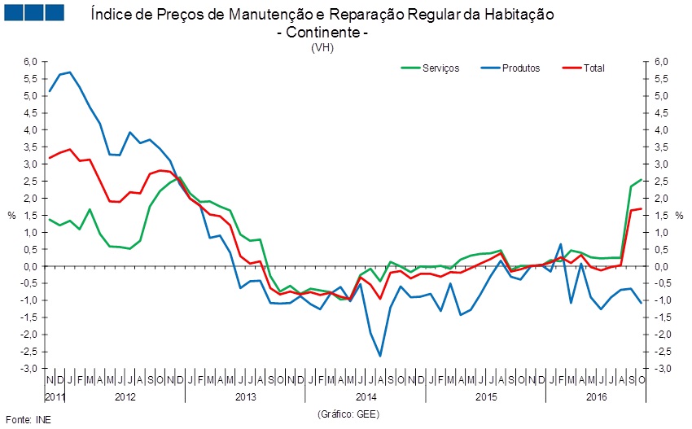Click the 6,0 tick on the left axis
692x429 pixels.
(30, 62)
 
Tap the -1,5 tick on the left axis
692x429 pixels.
(29, 317)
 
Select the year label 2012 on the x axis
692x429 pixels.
(125, 396)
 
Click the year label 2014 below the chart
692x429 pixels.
(366, 396)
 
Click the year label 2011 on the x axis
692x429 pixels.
(54, 396)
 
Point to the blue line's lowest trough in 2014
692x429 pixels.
(380, 356)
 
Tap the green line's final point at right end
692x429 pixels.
(642, 180)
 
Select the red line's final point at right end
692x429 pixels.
(642, 209)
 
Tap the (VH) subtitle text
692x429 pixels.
(322, 47)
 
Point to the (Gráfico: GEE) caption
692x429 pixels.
(348, 414)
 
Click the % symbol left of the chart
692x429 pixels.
(11, 215)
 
